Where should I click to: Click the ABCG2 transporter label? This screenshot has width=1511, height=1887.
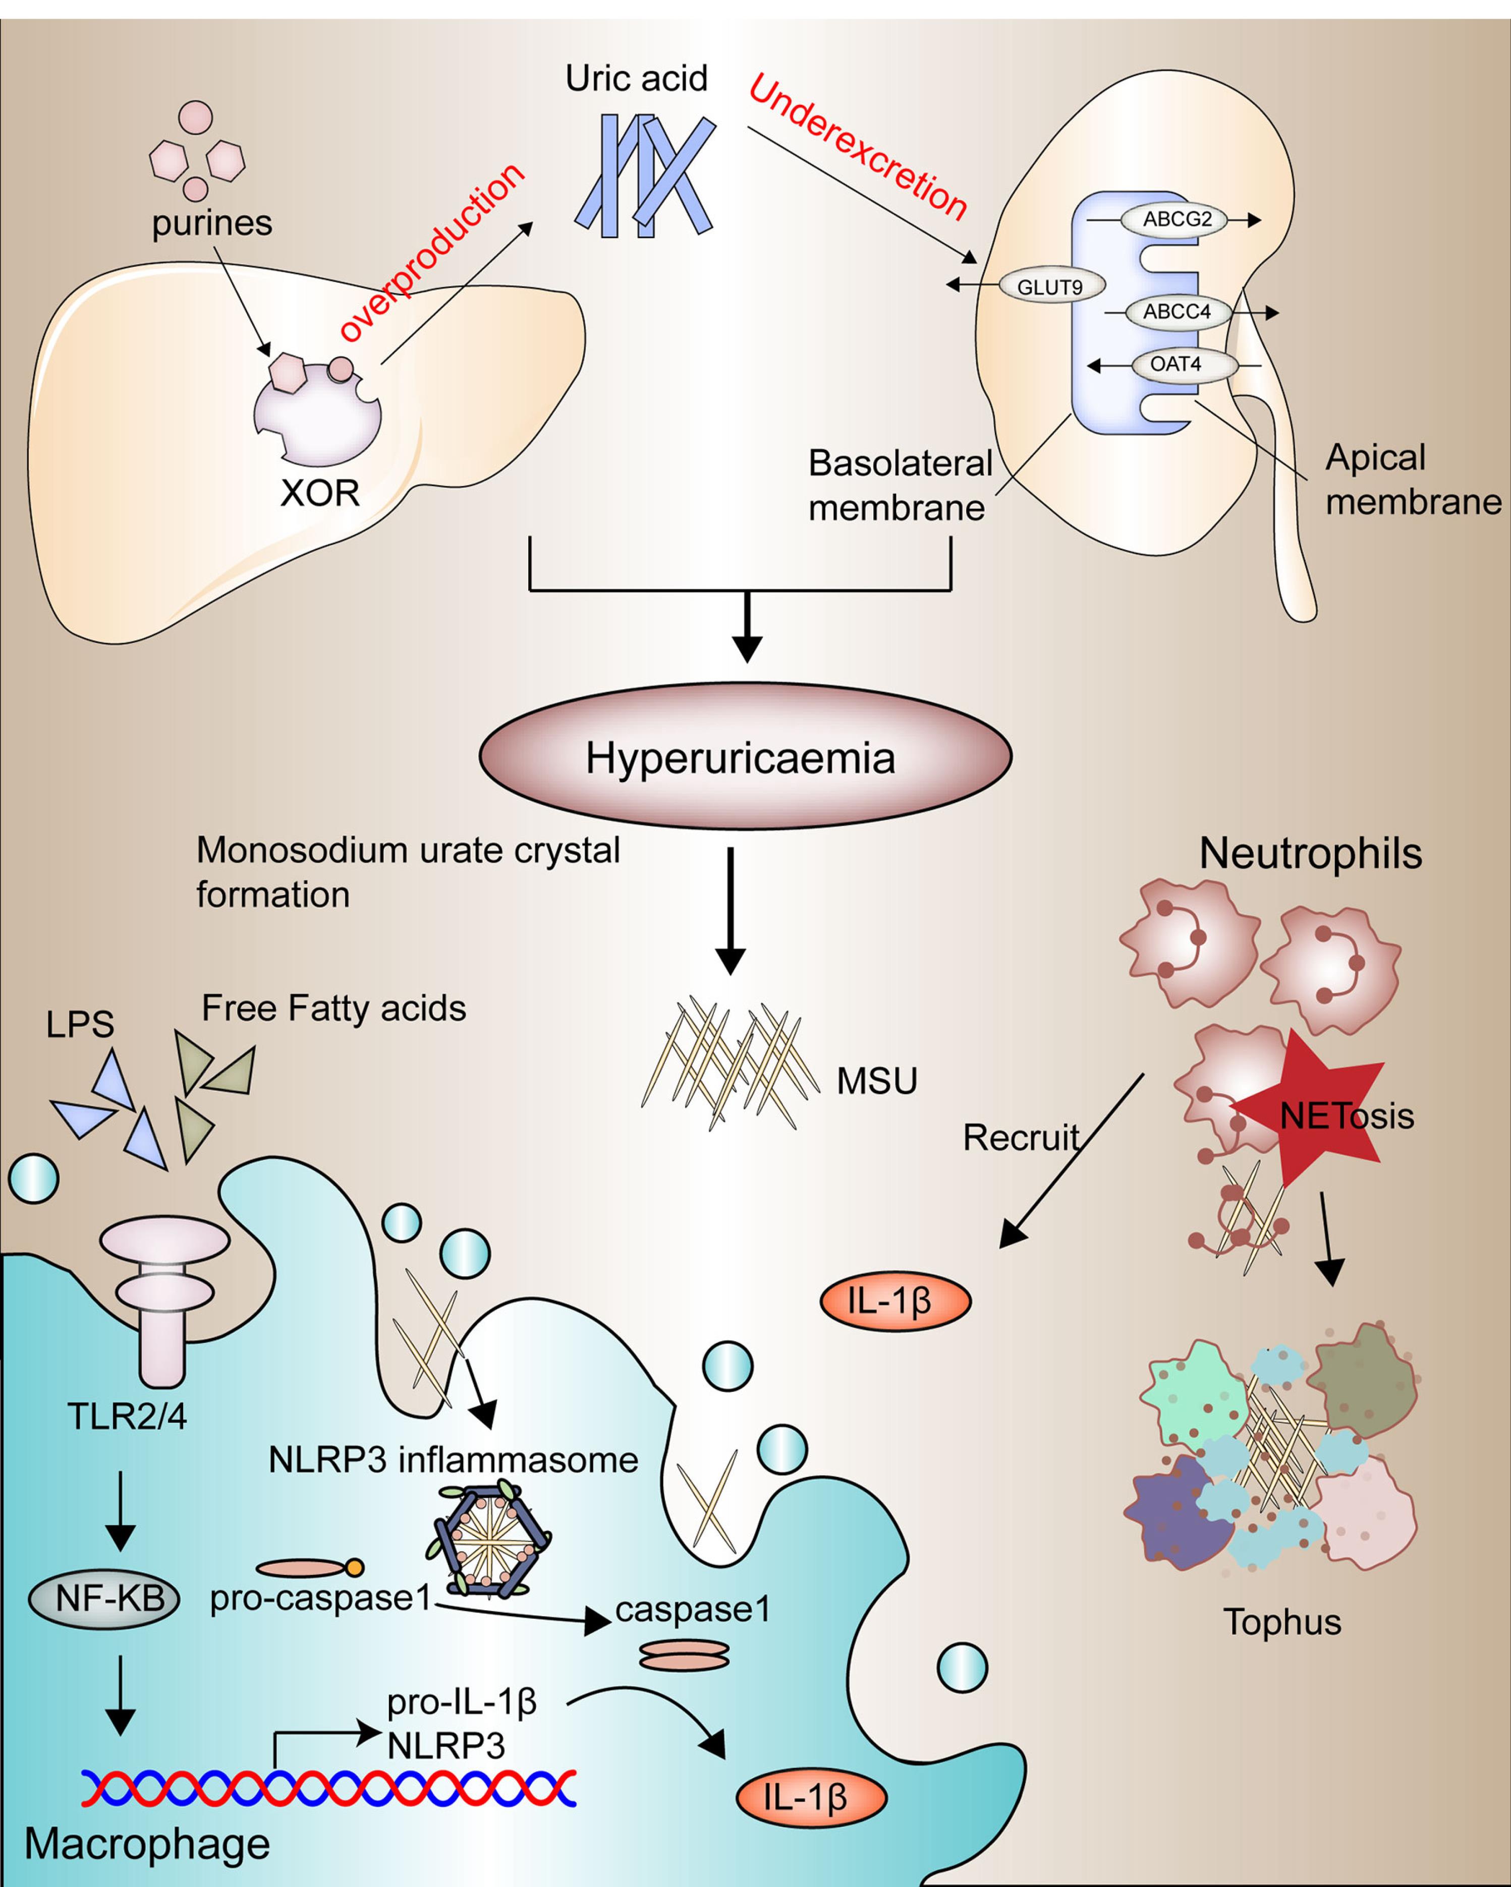[1177, 219]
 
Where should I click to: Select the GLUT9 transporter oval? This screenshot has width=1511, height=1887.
[1050, 286]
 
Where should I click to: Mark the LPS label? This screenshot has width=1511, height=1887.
[80, 1024]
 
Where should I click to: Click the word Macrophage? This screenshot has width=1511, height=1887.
[147, 1843]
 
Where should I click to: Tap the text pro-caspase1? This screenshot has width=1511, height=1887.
[320, 1598]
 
